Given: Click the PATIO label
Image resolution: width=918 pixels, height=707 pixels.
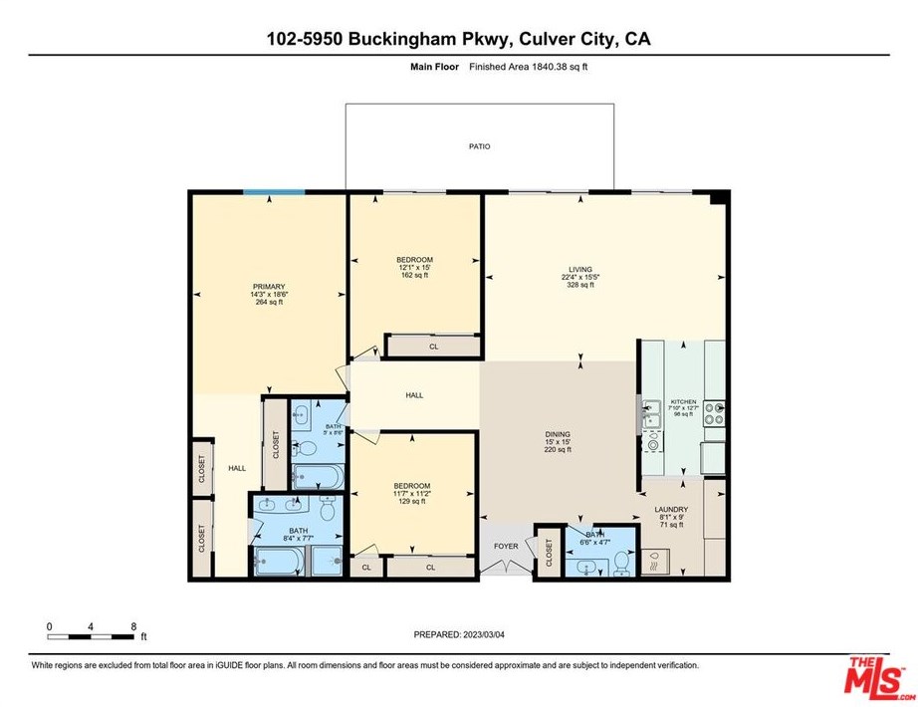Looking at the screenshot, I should (x=480, y=146).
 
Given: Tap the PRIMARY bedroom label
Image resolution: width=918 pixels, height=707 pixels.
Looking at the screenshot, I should (x=267, y=286).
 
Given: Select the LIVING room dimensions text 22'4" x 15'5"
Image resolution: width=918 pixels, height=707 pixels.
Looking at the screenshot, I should (x=580, y=277).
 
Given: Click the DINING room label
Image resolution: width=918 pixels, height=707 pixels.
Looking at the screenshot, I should (x=557, y=434).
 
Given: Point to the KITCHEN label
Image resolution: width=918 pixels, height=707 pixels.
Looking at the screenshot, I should (x=683, y=401).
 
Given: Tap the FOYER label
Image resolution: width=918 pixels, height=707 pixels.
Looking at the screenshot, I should (x=506, y=547).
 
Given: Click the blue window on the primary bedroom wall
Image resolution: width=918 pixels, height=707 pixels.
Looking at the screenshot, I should (x=275, y=191).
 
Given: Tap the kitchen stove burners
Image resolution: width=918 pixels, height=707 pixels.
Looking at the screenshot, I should (x=714, y=413).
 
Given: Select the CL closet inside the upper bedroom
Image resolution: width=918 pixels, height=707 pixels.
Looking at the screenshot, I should (x=433, y=347).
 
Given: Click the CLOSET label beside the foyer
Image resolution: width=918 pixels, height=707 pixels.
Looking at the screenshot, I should (x=549, y=552).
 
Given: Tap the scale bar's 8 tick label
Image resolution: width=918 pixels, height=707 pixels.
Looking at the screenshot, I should (x=133, y=626).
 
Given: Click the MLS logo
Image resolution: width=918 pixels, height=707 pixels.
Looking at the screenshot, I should (x=877, y=678).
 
